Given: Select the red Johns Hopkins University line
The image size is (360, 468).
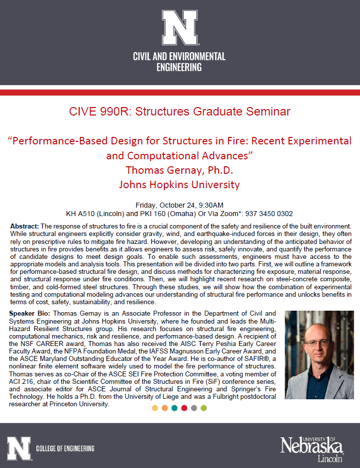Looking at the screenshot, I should coord(180,185).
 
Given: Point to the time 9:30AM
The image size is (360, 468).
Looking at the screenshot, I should coord(211,205).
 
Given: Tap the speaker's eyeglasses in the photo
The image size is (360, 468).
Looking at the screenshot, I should coord(318,343).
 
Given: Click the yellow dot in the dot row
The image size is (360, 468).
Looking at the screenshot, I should coord(155,408).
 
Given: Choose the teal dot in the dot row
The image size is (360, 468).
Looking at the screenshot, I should coord(174,408).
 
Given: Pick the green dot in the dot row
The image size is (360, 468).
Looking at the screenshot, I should coord(203,408).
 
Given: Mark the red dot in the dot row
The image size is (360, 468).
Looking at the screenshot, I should coord(184,408).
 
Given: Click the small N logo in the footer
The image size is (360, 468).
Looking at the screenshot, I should coord(19,449).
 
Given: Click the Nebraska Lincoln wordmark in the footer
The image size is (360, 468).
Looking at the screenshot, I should coord(312,447).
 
